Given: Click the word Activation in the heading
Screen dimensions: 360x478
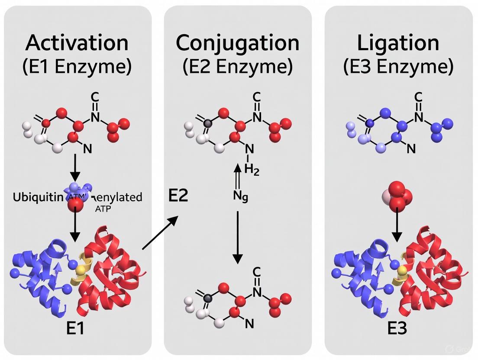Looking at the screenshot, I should [x=78, y=43].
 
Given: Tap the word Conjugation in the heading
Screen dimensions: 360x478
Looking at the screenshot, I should [x=238, y=43].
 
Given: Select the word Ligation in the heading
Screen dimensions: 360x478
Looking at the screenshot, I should [x=398, y=43].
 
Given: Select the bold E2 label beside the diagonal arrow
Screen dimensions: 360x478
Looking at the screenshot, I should [x=178, y=196].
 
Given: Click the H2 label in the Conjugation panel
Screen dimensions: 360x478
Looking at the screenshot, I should [x=251, y=170].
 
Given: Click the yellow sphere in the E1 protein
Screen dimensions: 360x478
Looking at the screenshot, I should [x=80, y=271].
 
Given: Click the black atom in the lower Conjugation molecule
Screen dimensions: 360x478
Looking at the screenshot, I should [x=208, y=298].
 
